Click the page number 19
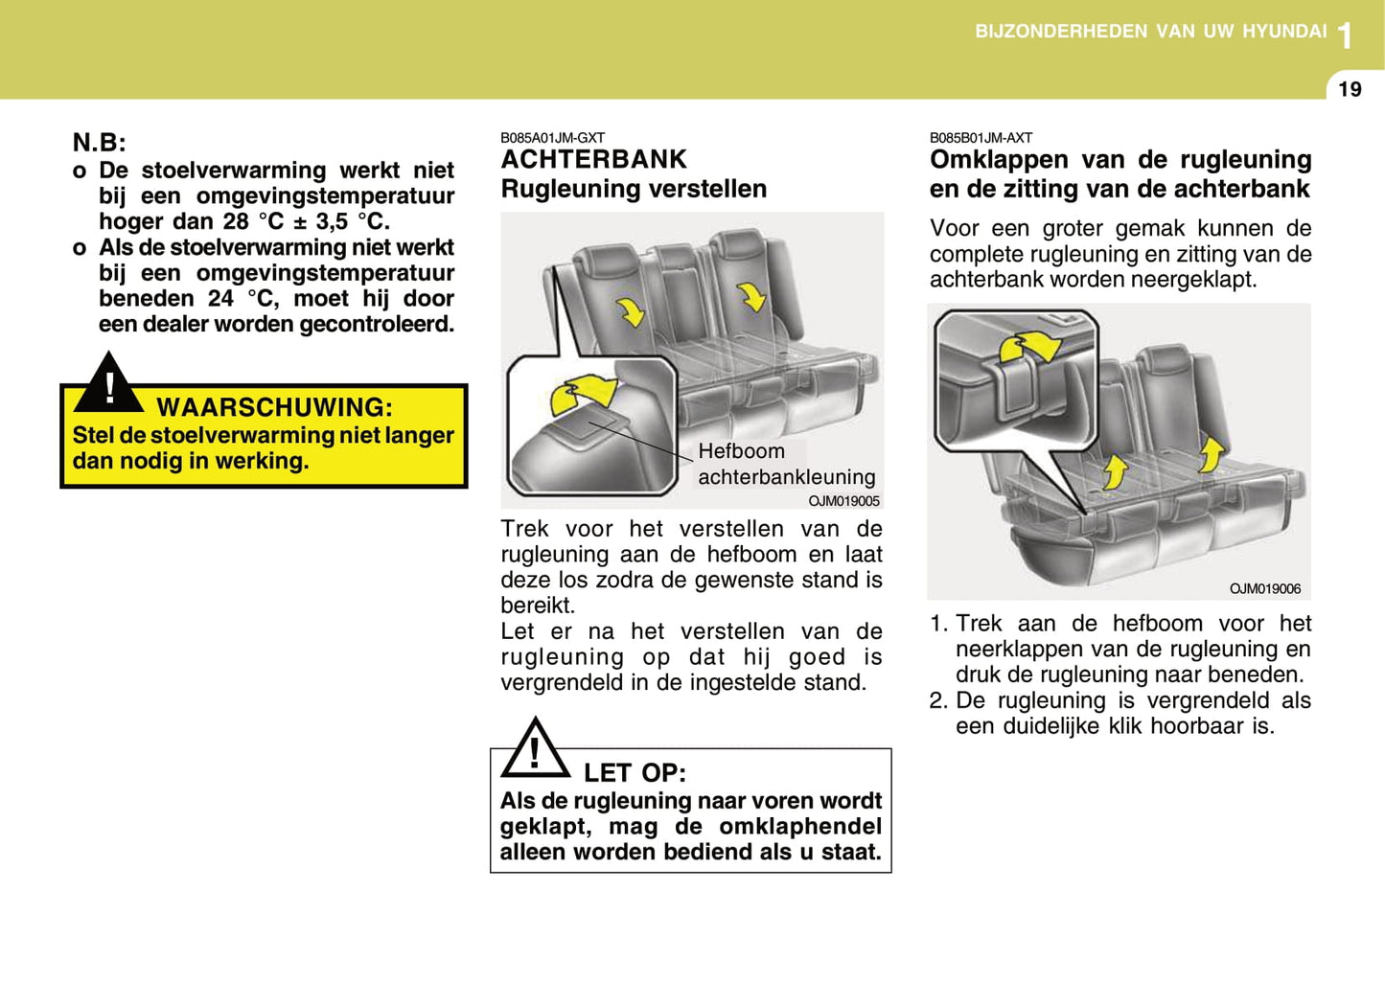[1349, 89]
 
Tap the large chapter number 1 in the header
[1346, 36]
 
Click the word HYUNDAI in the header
[1284, 32]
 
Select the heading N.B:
[99, 143]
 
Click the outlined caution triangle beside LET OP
[535, 749]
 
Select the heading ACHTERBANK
[593, 159]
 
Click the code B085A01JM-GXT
[552, 138]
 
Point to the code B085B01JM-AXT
[981, 138]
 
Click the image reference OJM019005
[843, 501]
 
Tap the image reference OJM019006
[1265, 588]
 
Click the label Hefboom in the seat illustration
[741, 451]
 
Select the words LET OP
[635, 772]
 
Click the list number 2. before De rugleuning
[938, 700]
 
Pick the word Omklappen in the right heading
[999, 159]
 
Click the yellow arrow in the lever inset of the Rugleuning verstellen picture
[584, 392]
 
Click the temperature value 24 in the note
[220, 298]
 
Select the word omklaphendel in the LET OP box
[800, 826]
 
